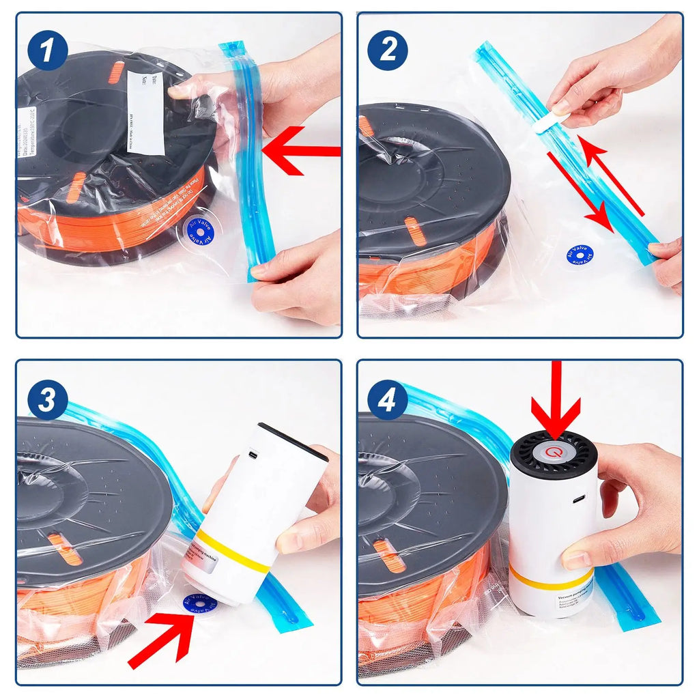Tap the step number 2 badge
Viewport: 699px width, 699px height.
pos(388,51)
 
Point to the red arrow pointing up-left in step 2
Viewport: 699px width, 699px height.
pos(611,174)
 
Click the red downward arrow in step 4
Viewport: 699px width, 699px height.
pos(556,399)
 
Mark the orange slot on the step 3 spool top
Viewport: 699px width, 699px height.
pos(65,547)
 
